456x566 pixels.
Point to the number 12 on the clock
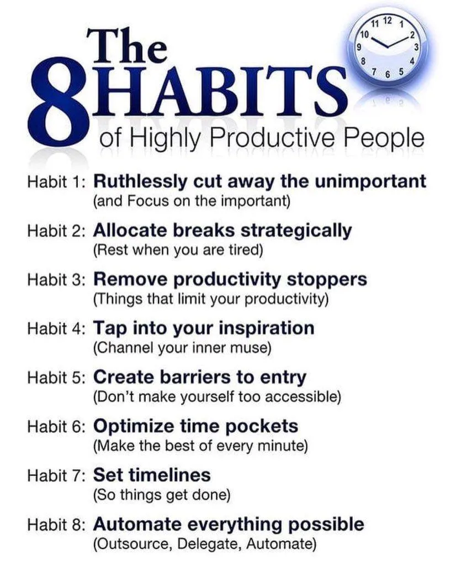[387, 21]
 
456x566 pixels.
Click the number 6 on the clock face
[388, 75]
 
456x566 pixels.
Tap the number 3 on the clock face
[416, 46]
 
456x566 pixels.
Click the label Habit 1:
[56, 182]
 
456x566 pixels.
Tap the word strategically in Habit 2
[296, 231]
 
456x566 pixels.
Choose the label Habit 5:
[56, 378]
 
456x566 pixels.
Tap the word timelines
[169, 475]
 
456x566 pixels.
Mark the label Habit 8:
[56, 525]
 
